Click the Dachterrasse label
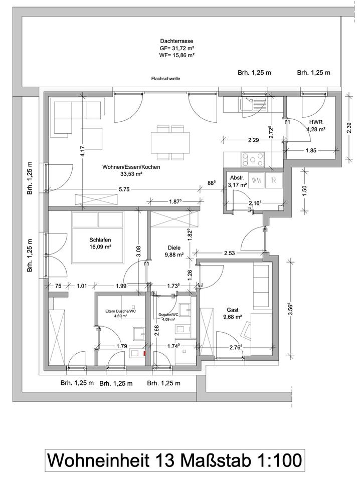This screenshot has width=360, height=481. coord(176,41)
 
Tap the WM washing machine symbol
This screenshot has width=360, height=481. coord(256,180)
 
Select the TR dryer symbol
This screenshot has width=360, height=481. coord(273,180)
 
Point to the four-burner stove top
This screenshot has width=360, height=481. coord(253,159)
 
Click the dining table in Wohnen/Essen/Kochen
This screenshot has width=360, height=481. coord(169,143)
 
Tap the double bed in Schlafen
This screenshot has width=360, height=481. coord(98,237)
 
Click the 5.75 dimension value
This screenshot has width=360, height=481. coord(124,189)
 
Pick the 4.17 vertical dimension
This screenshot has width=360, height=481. coord(82,151)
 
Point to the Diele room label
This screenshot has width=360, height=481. coord(174,248)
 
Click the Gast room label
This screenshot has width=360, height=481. coord(233,310)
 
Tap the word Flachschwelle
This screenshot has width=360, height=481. coord(166,79)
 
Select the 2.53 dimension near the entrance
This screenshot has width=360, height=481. coord(230,253)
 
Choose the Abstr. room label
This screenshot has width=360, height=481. coord(237,178)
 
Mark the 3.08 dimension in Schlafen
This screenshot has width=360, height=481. coord(138,251)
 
